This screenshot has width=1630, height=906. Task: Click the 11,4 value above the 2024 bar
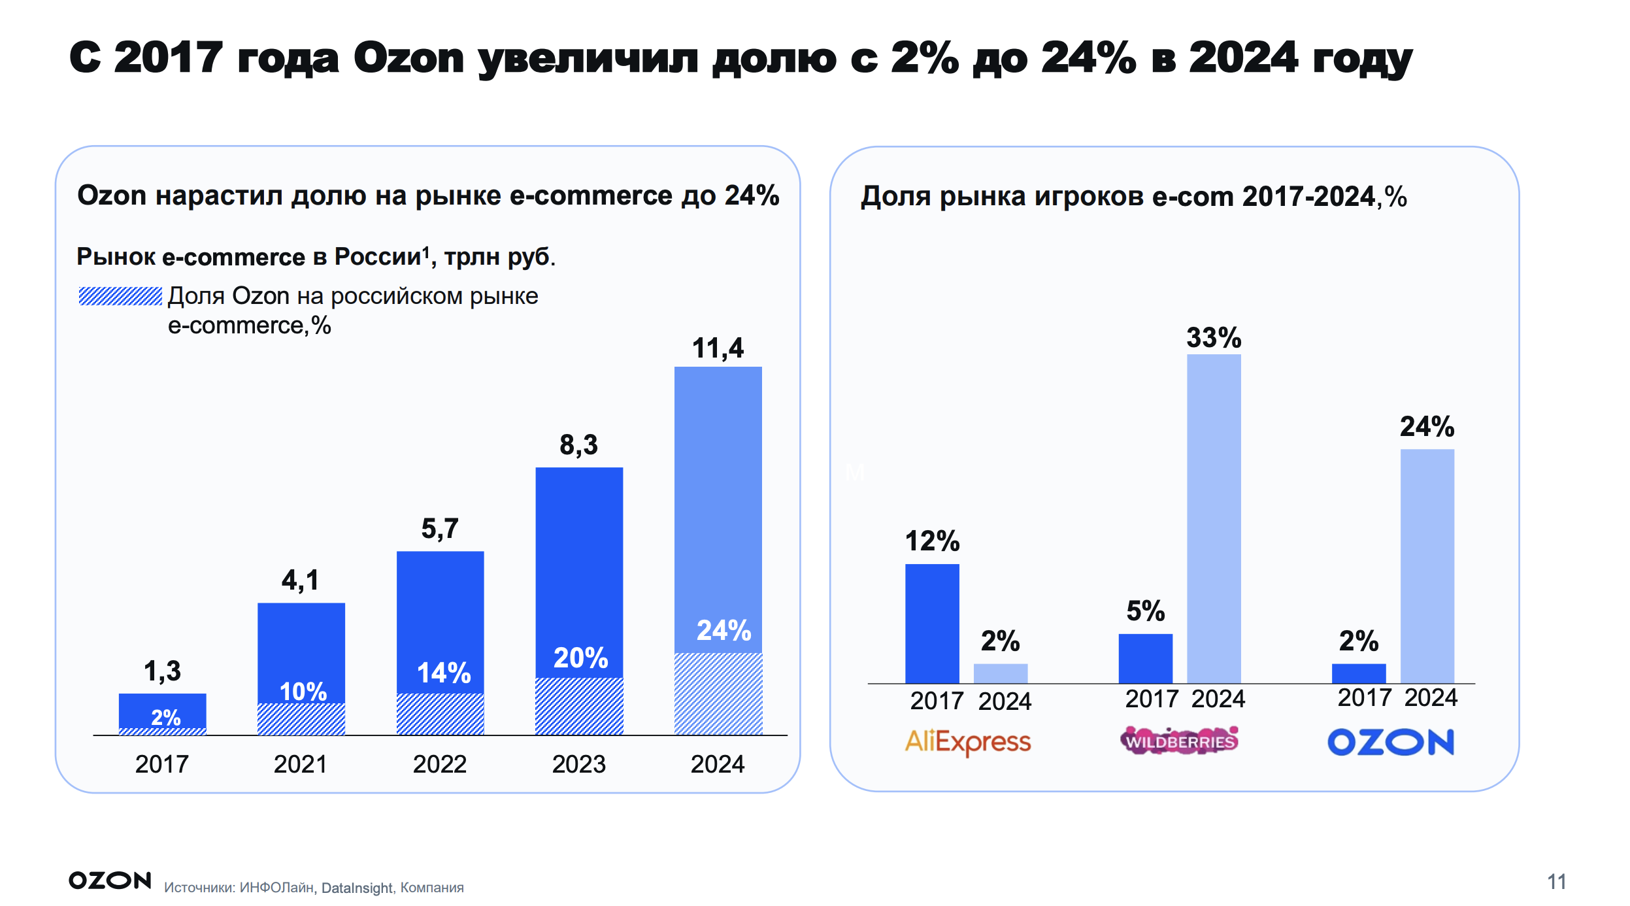point(717,348)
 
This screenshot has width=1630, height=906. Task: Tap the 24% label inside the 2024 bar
point(724,631)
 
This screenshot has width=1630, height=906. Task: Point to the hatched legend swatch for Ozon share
point(120,296)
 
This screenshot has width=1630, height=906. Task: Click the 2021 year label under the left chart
point(300,763)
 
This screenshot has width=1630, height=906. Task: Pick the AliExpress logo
point(967,742)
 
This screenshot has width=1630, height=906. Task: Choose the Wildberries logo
point(1179,741)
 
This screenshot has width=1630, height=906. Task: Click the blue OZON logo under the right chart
point(1390,742)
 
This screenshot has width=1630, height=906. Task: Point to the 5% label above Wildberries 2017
point(1145,611)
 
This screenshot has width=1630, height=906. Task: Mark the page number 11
point(1556,881)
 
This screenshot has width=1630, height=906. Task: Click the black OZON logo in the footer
point(110,881)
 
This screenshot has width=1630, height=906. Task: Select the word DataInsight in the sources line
point(357,888)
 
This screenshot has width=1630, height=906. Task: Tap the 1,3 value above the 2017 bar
point(162,671)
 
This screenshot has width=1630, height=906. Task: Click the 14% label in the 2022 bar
point(444,673)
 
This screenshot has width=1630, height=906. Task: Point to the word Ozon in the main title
point(408,58)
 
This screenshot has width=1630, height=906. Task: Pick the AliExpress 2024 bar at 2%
point(1000,673)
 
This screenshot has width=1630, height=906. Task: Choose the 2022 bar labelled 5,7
point(440,621)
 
